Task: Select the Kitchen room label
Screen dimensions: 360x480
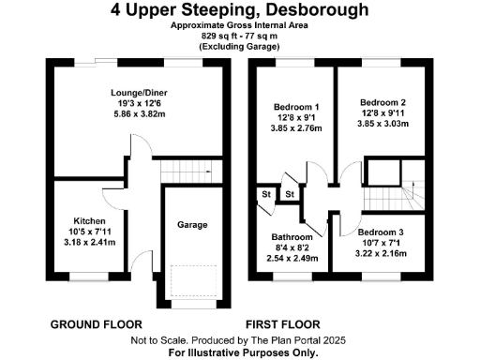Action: (85, 220)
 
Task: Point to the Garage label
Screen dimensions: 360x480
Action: (192, 225)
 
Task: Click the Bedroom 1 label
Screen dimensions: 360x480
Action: (296, 108)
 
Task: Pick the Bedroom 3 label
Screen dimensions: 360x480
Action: (380, 231)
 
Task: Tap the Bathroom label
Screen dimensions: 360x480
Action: (292, 237)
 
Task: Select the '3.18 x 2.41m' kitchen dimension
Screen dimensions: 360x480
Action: (85, 243)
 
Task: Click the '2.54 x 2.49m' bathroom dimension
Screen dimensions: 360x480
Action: (292, 260)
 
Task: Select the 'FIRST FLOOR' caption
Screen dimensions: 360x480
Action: (285, 323)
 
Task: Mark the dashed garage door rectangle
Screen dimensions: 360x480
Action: (194, 279)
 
